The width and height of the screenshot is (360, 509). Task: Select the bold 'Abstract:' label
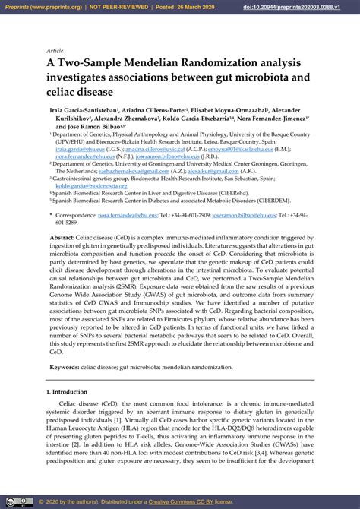64,238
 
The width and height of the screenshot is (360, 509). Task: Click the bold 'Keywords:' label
66,367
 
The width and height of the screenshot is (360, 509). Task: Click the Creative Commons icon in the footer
12,502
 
